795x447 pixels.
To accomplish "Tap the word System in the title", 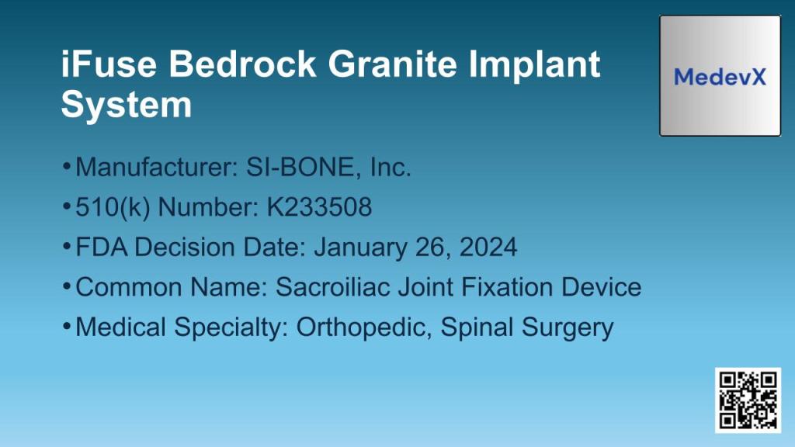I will pyautogui.click(x=126, y=104).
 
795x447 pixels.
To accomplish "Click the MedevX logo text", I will pyautogui.click(x=720, y=77).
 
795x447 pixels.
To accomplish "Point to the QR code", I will pyautogui.click(x=748, y=400).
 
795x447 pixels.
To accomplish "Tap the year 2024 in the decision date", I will pyautogui.click(x=488, y=247).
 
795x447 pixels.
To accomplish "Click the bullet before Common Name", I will pyautogui.click(x=67, y=286).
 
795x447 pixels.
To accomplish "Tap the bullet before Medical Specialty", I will pyautogui.click(x=67, y=325).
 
